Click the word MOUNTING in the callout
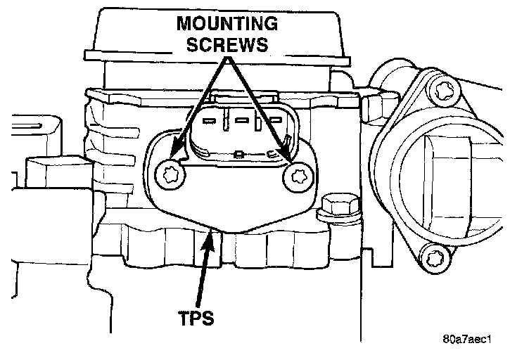coord(227,24)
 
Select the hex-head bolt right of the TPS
coord(330,207)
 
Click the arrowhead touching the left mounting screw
coord(178,149)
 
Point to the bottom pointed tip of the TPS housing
coord(212,229)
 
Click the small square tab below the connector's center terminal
coord(240,151)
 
